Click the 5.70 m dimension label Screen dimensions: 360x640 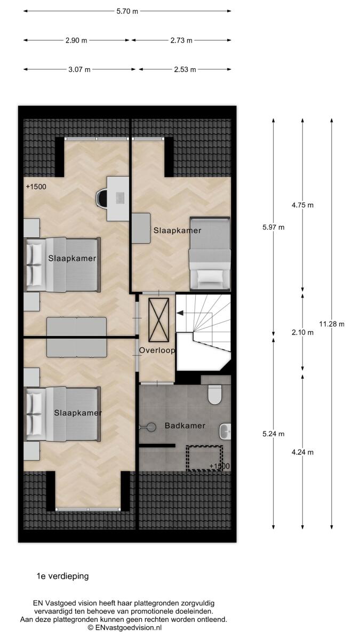127,11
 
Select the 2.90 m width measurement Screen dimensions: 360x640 76,41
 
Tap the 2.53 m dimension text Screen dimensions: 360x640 185,70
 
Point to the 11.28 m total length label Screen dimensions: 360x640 332,324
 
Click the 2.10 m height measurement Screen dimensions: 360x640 302,333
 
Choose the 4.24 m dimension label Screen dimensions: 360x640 302,452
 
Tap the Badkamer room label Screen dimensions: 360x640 185,426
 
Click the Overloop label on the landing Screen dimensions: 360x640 157,350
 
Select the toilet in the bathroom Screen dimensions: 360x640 215,395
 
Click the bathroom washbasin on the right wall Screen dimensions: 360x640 225,431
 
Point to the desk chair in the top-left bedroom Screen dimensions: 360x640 101,198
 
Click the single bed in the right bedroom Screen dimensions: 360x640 210,254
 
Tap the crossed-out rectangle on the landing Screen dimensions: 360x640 158,319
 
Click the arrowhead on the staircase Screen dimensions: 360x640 180,313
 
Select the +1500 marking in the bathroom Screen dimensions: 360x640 219,466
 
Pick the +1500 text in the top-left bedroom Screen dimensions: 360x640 36,187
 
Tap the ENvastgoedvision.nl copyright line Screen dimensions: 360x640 125,628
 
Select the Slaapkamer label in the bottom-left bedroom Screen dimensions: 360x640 78,413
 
